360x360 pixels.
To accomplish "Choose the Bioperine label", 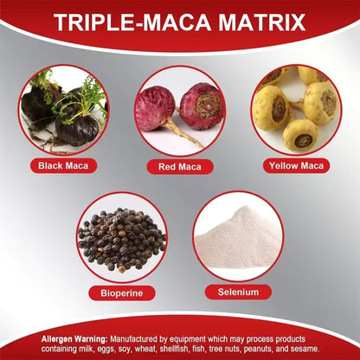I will tap(122, 292).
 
